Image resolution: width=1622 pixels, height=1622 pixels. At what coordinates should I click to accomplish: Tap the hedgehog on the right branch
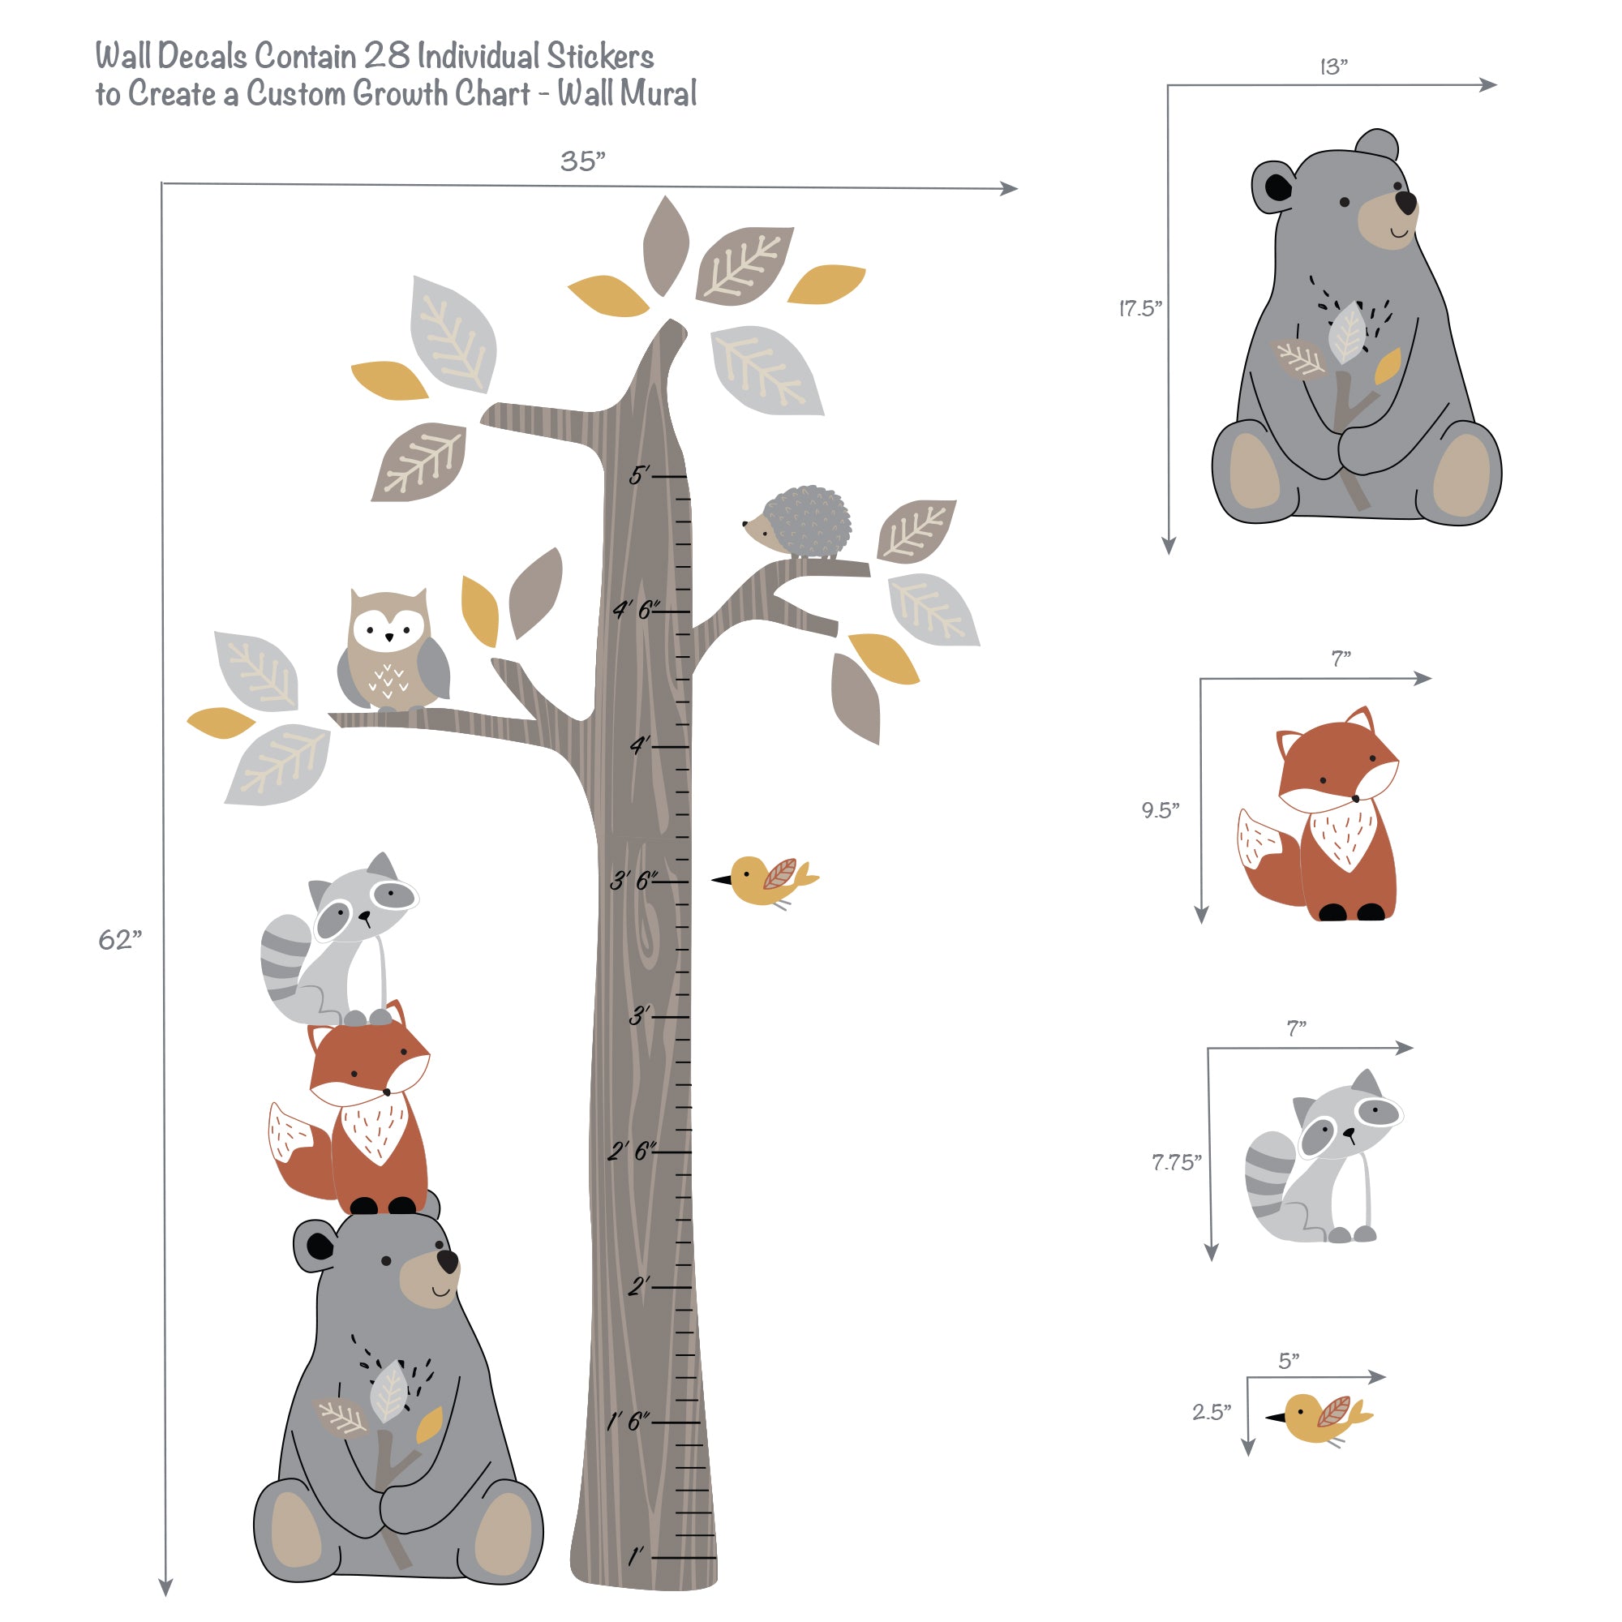[x=801, y=522]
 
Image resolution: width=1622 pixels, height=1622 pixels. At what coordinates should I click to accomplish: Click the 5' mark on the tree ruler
[x=640, y=476]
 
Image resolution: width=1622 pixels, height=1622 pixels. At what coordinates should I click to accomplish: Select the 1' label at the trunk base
[x=636, y=1555]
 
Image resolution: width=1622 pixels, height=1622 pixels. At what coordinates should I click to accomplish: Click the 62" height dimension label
[x=120, y=939]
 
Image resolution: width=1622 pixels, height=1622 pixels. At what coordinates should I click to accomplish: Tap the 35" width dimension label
[x=582, y=161]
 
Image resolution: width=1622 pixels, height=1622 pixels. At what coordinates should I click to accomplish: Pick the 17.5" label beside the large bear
[x=1140, y=308]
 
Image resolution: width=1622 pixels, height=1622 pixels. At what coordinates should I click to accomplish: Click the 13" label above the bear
[x=1333, y=67]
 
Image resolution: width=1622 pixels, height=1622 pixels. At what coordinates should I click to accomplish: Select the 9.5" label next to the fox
[x=1160, y=810]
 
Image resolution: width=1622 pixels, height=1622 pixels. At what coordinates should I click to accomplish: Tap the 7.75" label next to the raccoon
[x=1175, y=1162]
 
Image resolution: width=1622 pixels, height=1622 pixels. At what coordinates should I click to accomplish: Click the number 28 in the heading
[x=387, y=55]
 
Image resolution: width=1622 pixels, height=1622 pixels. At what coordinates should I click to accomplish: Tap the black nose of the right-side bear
[x=1405, y=202]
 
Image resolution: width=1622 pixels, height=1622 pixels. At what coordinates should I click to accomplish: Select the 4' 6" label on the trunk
[x=636, y=610]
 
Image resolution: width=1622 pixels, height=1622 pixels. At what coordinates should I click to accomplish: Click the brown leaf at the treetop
[x=665, y=244]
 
